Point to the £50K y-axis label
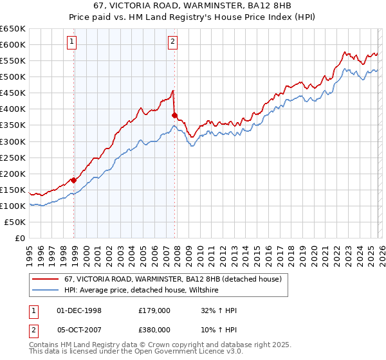click(x=15, y=222)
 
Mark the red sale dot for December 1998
click(x=73, y=180)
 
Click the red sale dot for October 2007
click(x=174, y=115)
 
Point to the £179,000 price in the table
click(x=154, y=310)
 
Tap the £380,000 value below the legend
click(x=154, y=328)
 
